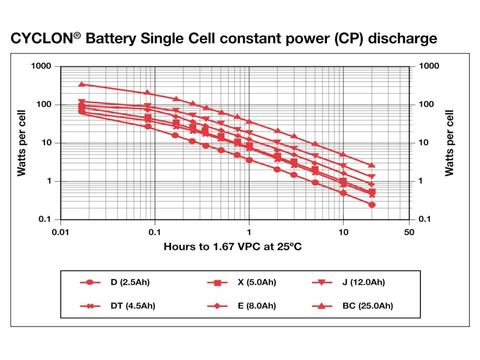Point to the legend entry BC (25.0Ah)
[368, 306]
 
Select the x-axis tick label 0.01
[60, 232]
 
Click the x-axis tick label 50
[409, 232]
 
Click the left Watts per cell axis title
[22, 143]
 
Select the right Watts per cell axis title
[450, 143]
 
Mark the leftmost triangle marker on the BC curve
[82, 84]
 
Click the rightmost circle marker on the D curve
[372, 205]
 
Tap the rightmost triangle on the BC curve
[372, 165]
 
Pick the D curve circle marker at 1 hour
[249, 160]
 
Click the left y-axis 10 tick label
[46, 143]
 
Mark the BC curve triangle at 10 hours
[343, 154]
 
